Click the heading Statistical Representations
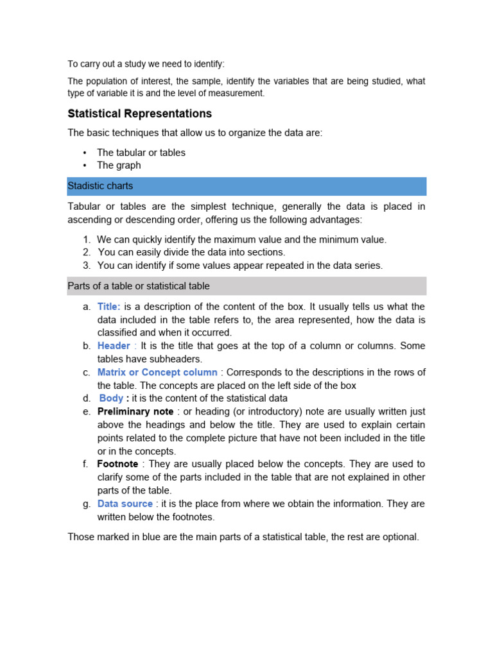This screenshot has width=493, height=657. click(139, 114)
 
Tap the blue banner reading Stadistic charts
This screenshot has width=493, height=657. click(246, 186)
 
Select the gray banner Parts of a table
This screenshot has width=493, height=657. click(246, 286)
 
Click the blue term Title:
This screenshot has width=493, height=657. click(109, 307)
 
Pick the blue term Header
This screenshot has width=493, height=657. click(114, 346)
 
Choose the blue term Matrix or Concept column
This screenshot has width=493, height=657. click(157, 372)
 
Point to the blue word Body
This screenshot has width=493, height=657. click(112, 398)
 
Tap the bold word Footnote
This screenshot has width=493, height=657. click(117, 464)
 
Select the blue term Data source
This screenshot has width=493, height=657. click(125, 504)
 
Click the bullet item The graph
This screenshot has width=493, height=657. click(119, 165)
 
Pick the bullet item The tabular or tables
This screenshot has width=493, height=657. click(141, 153)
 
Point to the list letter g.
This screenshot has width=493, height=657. click(87, 504)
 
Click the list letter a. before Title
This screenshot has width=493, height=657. click(87, 307)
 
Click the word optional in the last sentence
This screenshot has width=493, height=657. click(399, 536)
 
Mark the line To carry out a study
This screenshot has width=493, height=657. click(146, 64)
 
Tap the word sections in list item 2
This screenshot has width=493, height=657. click(266, 253)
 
